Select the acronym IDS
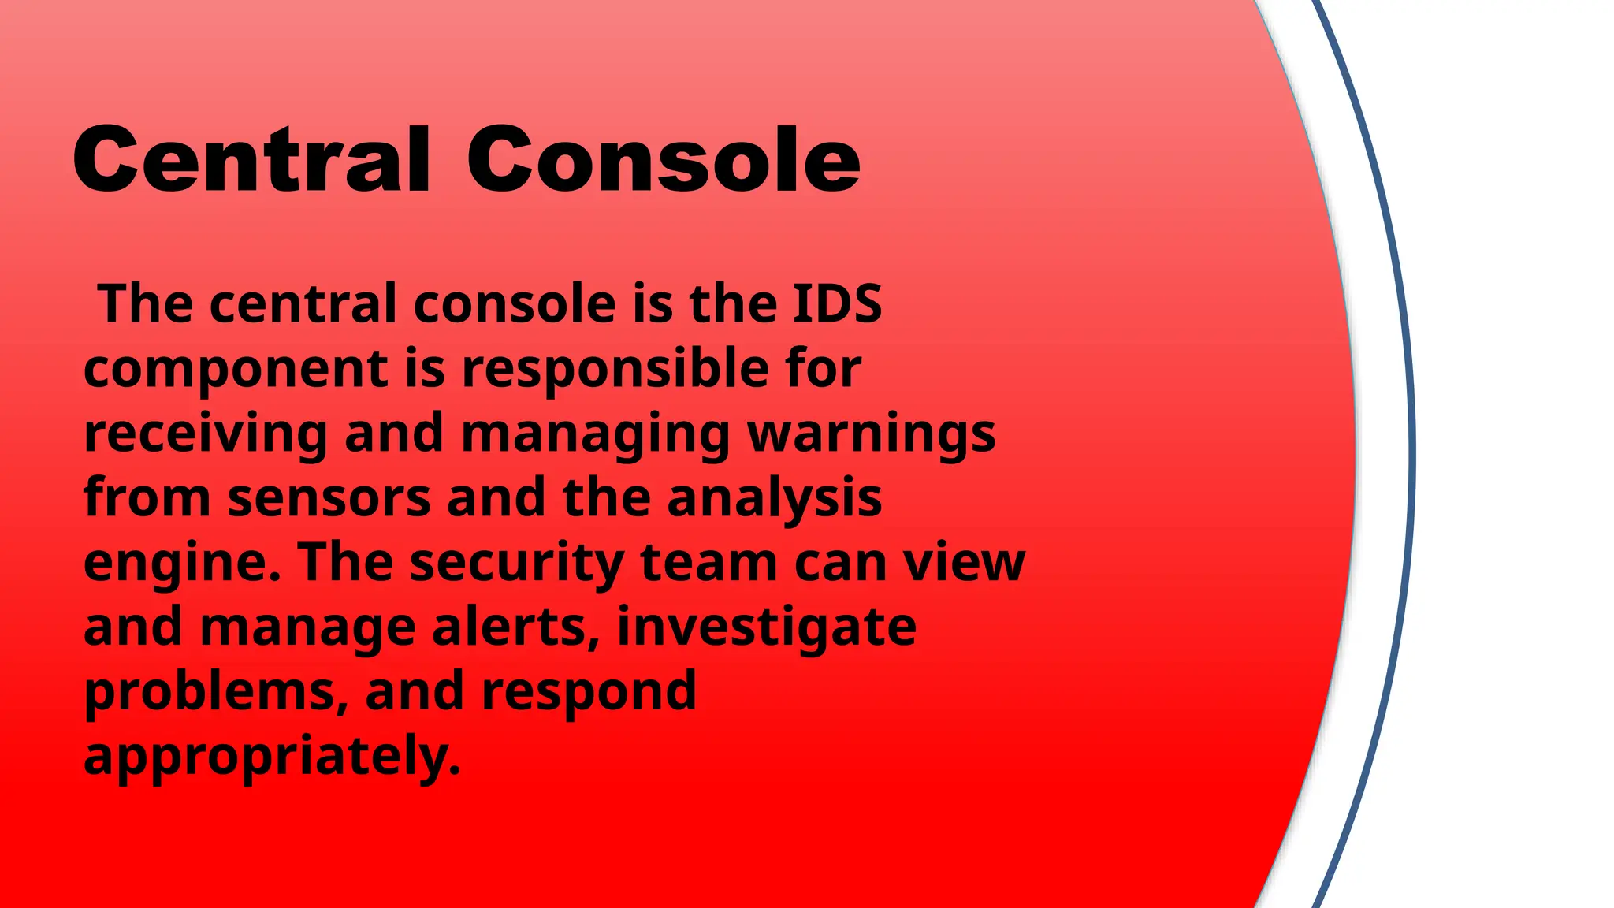tap(836, 303)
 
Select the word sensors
tap(329, 498)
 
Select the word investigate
tap(766, 628)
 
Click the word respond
tap(589, 693)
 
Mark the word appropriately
tap(271, 757)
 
